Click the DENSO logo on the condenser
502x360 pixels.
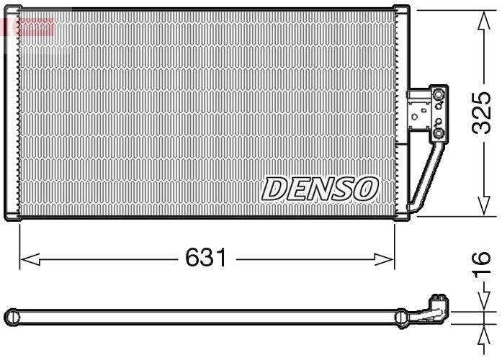(x=320, y=189)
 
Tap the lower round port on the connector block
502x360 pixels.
(x=438, y=134)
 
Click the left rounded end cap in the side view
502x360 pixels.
(x=10, y=315)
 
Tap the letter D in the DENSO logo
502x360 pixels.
(x=274, y=189)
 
